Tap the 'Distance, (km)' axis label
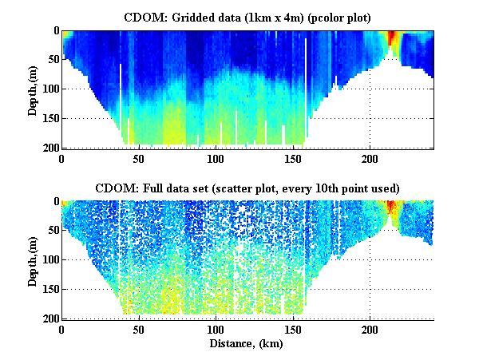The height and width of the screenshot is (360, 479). [247, 344]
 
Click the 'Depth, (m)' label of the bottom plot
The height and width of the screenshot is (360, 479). [33, 259]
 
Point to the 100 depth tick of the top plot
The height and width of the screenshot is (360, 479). [49, 89]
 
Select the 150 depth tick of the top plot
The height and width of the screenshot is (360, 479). [49, 118]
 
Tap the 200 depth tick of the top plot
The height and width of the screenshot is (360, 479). [49, 147]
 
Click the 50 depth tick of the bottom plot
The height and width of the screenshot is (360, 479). [52, 231]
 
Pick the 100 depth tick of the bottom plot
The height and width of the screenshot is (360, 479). [49, 260]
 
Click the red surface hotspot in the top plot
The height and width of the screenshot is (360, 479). [392, 38]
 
